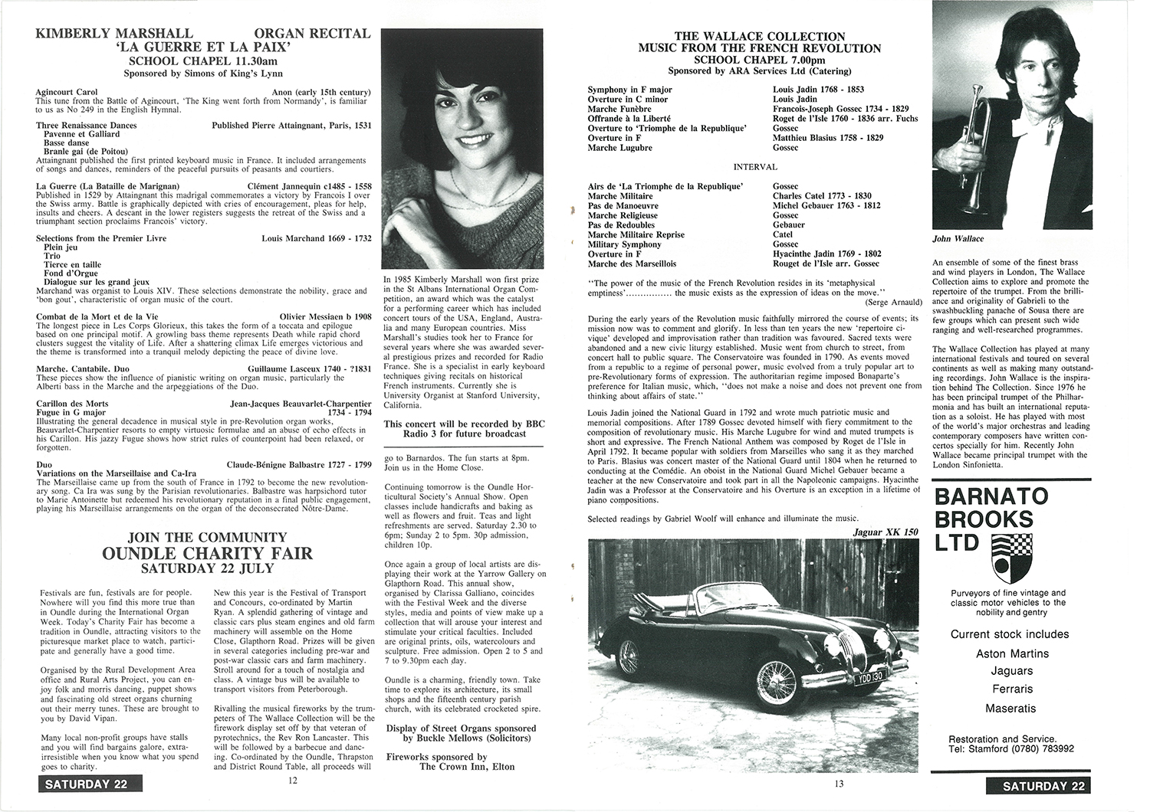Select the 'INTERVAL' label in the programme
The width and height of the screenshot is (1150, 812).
754,167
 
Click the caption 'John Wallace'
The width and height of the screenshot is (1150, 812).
958,239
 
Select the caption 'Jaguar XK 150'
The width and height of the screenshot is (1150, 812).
886,532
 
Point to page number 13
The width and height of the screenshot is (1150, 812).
837,781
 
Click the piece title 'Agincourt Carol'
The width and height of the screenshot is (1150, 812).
66,92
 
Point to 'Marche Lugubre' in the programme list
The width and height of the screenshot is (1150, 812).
619,148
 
